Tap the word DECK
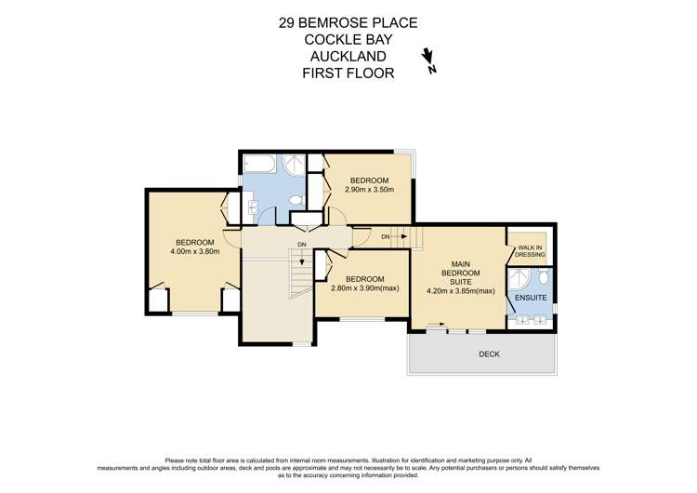pyautogui.click(x=490, y=354)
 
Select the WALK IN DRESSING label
pyautogui.click(x=531, y=249)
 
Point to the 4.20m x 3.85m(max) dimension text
pyautogui.click(x=459, y=290)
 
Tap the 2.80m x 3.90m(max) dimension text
pyautogui.click(x=364, y=288)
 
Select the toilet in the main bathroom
pyautogui.click(x=296, y=199)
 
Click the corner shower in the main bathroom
pyautogui.click(x=295, y=166)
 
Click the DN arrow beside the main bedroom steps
pyautogui.click(x=394, y=237)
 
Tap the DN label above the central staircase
pyautogui.click(x=301, y=245)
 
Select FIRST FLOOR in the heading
pyautogui.click(x=348, y=73)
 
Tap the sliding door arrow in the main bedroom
pyautogui.click(x=433, y=326)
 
